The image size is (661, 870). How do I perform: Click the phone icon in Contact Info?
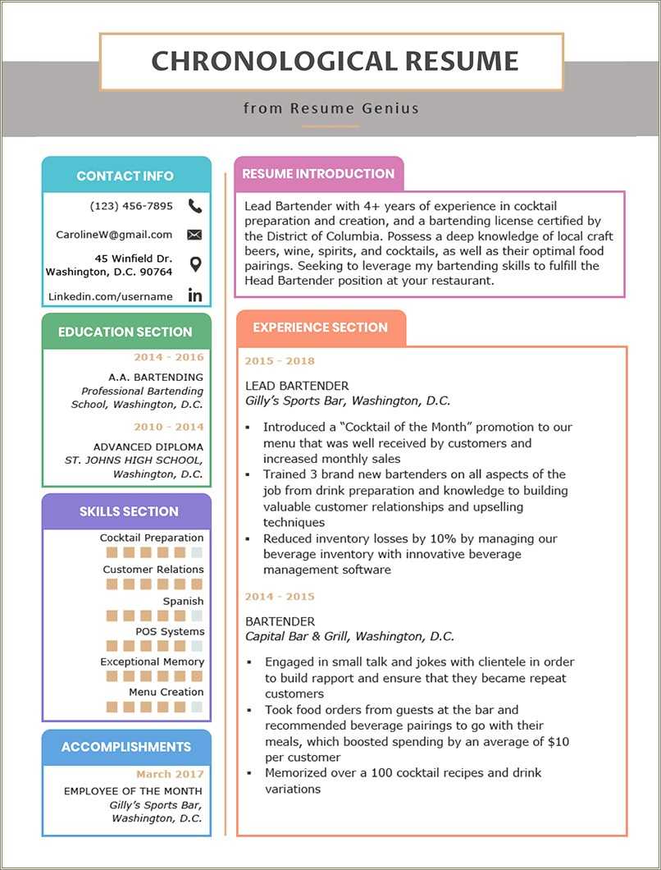pyautogui.click(x=194, y=206)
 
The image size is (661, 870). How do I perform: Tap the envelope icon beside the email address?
pyautogui.click(x=194, y=235)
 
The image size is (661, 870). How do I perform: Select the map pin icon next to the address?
pyautogui.click(x=194, y=264)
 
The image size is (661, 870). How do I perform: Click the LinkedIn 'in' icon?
pyautogui.click(x=194, y=295)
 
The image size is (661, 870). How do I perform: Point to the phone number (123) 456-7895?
pyautogui.click(x=131, y=206)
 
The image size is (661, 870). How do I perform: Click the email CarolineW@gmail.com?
pyautogui.click(x=114, y=235)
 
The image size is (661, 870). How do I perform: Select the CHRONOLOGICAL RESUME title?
pyautogui.click(x=335, y=62)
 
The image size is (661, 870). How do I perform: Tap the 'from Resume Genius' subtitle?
pyautogui.click(x=330, y=108)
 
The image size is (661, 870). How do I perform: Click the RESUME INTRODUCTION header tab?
pyautogui.click(x=318, y=174)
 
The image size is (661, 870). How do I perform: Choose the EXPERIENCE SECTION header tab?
pyautogui.click(x=320, y=327)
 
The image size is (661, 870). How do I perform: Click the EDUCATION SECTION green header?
pyautogui.click(x=125, y=332)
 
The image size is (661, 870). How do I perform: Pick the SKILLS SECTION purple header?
pyautogui.click(x=129, y=511)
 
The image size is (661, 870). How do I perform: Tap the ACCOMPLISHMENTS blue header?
pyautogui.click(x=126, y=747)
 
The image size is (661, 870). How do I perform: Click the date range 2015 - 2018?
pyautogui.click(x=280, y=361)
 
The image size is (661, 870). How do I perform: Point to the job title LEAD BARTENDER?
pyautogui.click(x=297, y=386)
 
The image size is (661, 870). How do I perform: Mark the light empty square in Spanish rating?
pyautogui.click(x=197, y=616)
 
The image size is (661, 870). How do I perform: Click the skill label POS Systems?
pyautogui.click(x=170, y=632)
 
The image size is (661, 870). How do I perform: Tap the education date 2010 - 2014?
pyautogui.click(x=169, y=427)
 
